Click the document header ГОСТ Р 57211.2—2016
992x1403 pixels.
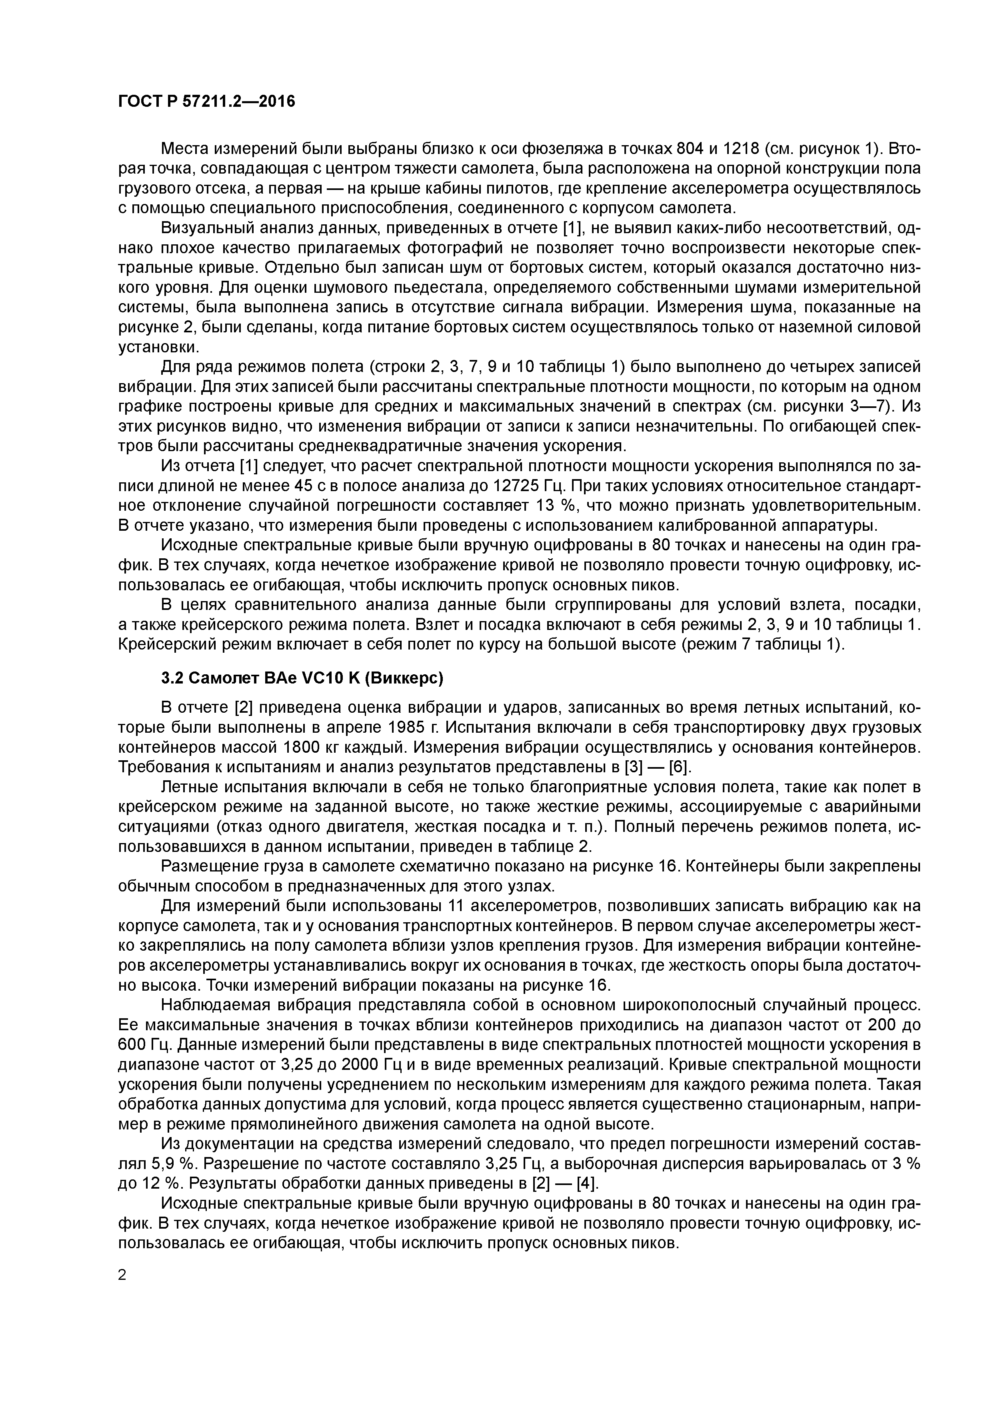(x=206, y=102)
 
